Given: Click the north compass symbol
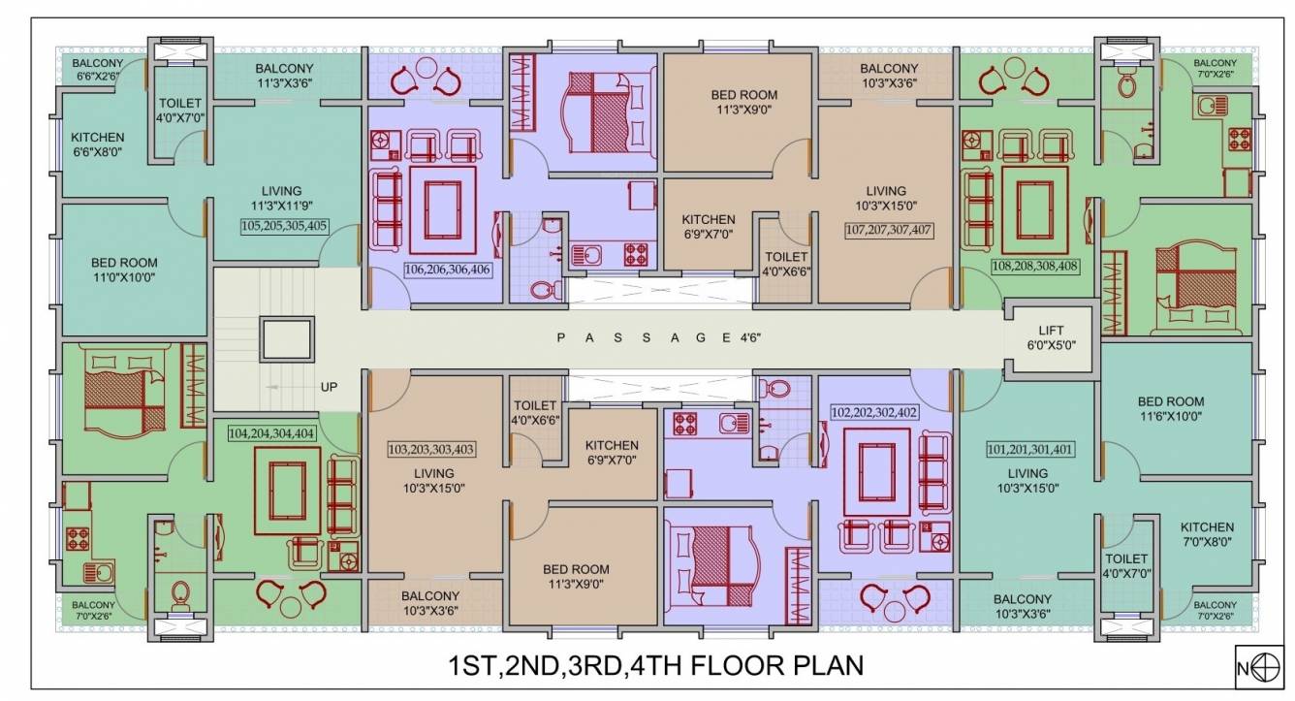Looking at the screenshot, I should (1257, 668).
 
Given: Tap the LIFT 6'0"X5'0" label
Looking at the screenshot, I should (1051, 337).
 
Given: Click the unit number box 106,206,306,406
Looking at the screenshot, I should (449, 269).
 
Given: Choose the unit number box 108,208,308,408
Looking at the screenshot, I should (1034, 264).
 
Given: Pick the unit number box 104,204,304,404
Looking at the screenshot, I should (270, 433).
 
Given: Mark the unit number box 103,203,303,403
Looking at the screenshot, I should (431, 449).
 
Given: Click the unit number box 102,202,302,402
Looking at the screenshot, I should (874, 411).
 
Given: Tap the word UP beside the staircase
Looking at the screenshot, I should (329, 386).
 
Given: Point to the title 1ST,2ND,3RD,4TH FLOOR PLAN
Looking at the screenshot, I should (655, 667).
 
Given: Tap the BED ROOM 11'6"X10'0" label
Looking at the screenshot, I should (1170, 408).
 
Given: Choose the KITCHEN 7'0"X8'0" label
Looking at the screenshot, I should (1207, 534).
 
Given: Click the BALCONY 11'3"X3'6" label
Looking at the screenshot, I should (283, 76).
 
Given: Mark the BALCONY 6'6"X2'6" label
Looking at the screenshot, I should (98, 69).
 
